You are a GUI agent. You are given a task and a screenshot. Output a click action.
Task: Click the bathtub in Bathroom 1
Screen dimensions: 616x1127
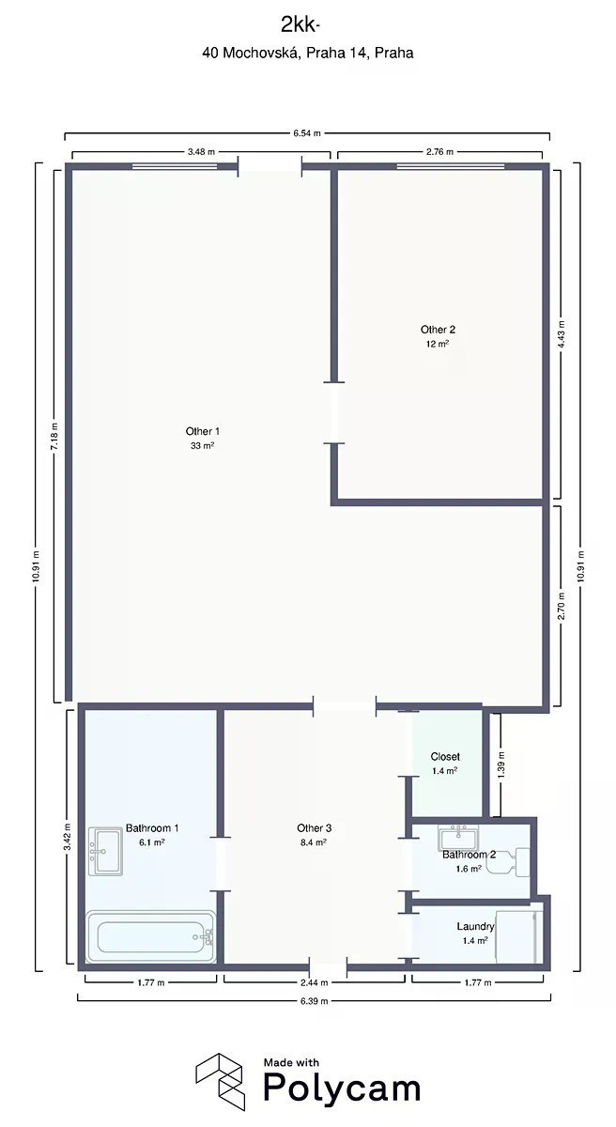coord(151,936)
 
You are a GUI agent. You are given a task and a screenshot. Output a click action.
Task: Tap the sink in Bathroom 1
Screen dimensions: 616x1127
coord(105,851)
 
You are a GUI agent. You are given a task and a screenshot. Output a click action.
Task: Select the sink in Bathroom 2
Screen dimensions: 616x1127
coord(458,838)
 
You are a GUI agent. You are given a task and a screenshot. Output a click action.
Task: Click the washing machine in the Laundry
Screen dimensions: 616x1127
coord(519,935)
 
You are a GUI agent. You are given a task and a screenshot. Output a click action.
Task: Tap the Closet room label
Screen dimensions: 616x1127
coord(445,757)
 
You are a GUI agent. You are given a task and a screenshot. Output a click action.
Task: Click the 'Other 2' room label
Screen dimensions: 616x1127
coord(438,330)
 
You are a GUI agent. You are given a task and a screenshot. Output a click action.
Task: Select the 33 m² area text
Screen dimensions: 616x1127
coord(203,445)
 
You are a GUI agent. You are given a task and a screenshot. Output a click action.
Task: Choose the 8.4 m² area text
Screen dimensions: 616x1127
coord(314,842)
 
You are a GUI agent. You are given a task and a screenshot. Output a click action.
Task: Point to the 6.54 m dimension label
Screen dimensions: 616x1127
coord(307,133)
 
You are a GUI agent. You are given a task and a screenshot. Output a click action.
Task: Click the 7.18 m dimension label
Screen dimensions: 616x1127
coord(54,437)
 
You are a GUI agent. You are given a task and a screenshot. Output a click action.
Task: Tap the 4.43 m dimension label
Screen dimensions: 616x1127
coord(562,333)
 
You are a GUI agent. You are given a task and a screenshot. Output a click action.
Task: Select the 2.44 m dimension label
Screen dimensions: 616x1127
coord(315,982)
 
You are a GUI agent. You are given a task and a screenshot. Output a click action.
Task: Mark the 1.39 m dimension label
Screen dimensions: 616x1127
coord(501,764)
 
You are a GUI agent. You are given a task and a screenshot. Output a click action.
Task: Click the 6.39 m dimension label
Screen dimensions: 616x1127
coord(315,1001)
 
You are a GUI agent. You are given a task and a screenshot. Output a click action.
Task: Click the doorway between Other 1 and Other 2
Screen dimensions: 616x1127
coord(334,413)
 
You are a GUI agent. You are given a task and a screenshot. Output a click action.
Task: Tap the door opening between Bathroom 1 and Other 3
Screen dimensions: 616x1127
coord(221,864)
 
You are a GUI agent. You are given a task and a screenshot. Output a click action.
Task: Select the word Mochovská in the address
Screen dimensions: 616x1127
coord(261,53)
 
